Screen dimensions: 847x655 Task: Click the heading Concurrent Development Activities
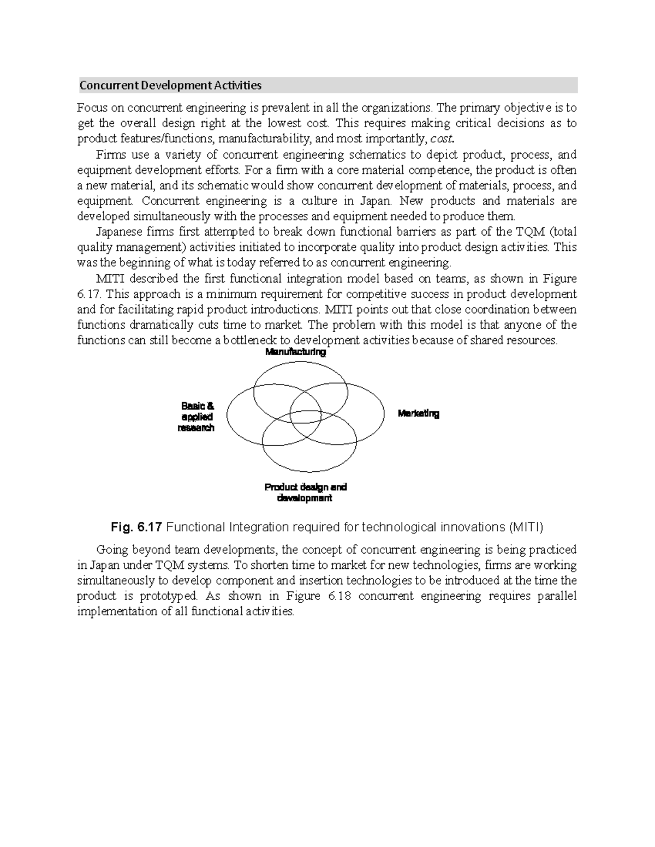click(x=170, y=86)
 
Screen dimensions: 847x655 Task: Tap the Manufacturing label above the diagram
click(x=295, y=352)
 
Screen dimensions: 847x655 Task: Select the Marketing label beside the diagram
click(x=418, y=414)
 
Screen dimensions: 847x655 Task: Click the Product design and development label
click(x=305, y=492)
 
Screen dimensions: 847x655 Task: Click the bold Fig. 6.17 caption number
click(x=136, y=527)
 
